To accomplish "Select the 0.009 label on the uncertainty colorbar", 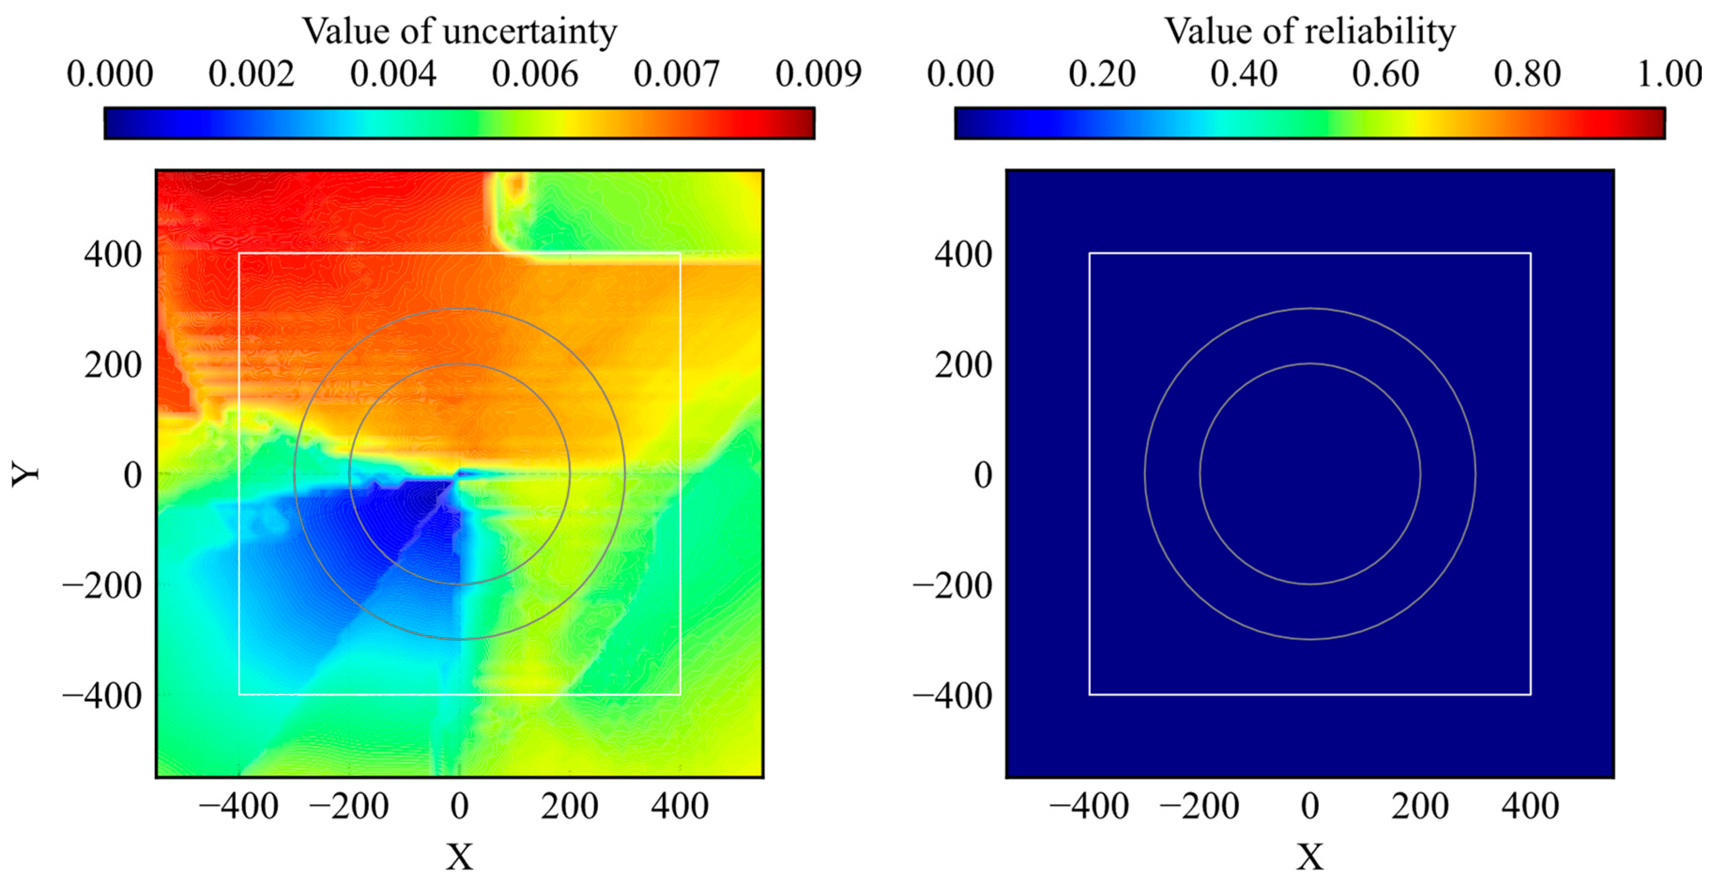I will click(818, 74).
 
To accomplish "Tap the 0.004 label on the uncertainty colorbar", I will click(393, 74).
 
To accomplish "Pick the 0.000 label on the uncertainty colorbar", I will click(109, 74).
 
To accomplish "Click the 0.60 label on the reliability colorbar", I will click(1385, 74).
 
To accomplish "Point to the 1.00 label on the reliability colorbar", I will click(1668, 74).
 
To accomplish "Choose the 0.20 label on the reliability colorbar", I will click(1102, 74).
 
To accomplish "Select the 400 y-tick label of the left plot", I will click(113, 254).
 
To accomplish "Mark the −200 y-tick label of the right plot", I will click(953, 585).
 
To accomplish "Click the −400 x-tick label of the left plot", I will click(238, 806).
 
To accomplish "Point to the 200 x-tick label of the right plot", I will click(1420, 806).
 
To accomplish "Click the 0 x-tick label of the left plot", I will click(459, 806).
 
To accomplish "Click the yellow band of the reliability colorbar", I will click(1424, 123).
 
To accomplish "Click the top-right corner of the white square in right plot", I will click(1530, 253).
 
